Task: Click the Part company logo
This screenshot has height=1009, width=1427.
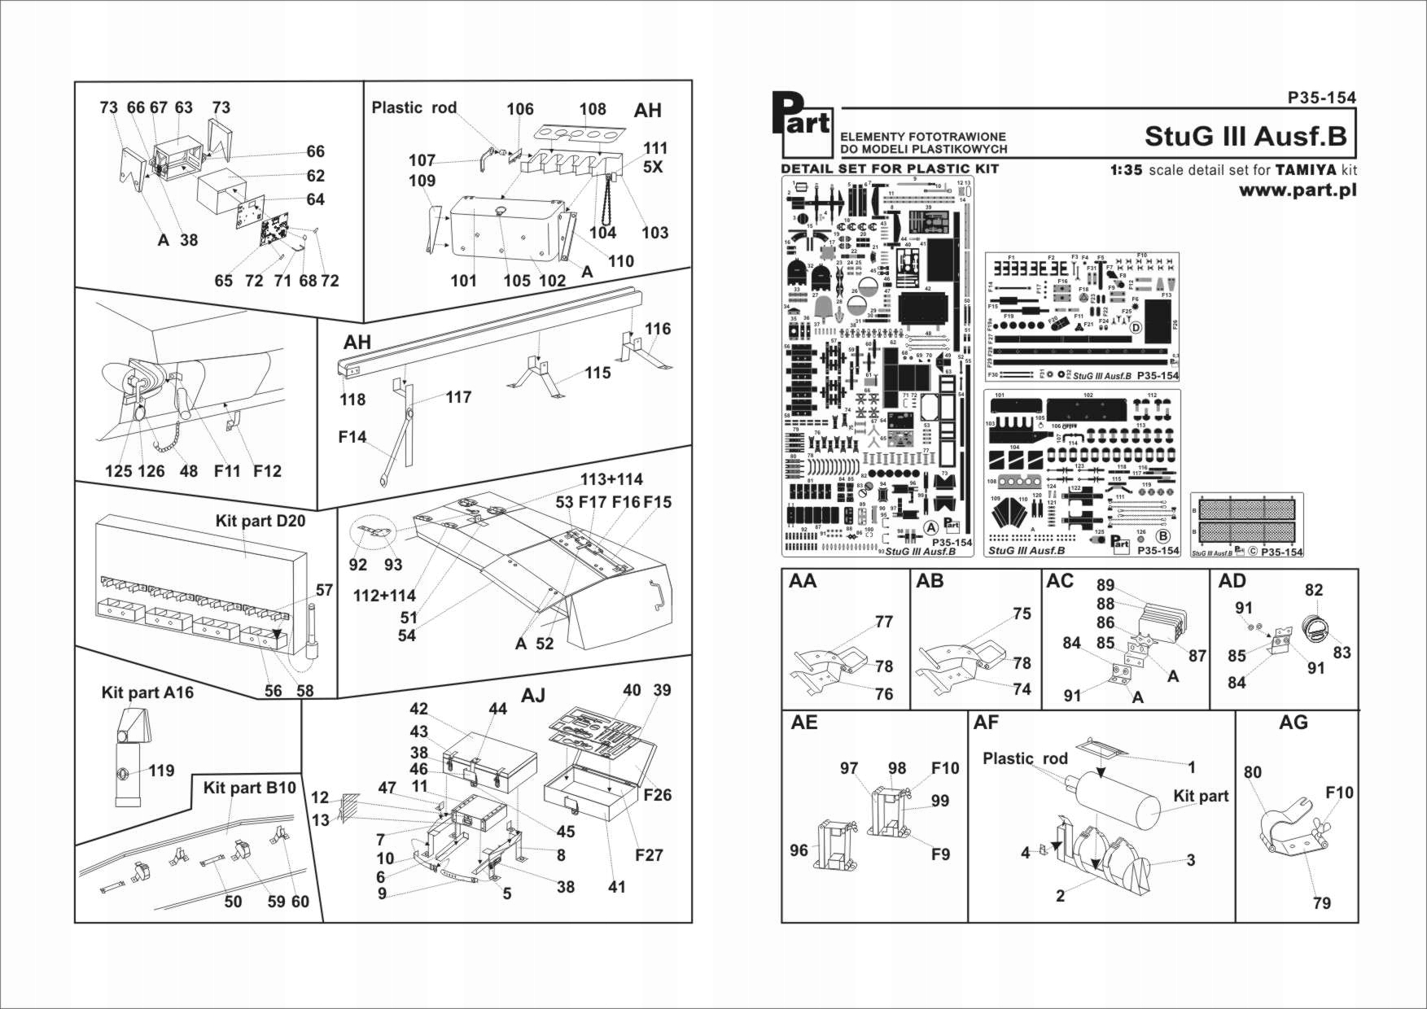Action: pos(806,124)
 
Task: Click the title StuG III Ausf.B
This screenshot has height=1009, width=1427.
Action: pos(1245,136)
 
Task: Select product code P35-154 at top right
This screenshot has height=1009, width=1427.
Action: pos(1322,98)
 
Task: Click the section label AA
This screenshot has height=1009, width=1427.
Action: pos(803,581)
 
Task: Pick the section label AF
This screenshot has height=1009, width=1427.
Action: pos(986,723)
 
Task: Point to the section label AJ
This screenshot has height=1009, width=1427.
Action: pos(532,696)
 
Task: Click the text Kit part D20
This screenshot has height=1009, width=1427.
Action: pos(260,521)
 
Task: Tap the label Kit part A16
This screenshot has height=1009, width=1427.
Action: pos(147,692)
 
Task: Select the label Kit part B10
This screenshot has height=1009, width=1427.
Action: pos(250,788)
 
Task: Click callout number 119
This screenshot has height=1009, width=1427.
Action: pos(161,771)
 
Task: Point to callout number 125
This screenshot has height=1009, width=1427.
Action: pos(118,471)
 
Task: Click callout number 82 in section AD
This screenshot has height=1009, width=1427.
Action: pos(1314,591)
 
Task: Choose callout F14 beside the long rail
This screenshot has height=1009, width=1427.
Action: pos(352,438)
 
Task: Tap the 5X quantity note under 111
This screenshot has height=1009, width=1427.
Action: pos(652,167)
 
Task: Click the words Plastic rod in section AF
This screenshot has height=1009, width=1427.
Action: pos(1024,758)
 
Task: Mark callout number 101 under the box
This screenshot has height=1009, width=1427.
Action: pos(463,281)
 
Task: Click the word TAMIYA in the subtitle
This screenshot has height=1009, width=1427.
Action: pos(1304,171)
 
